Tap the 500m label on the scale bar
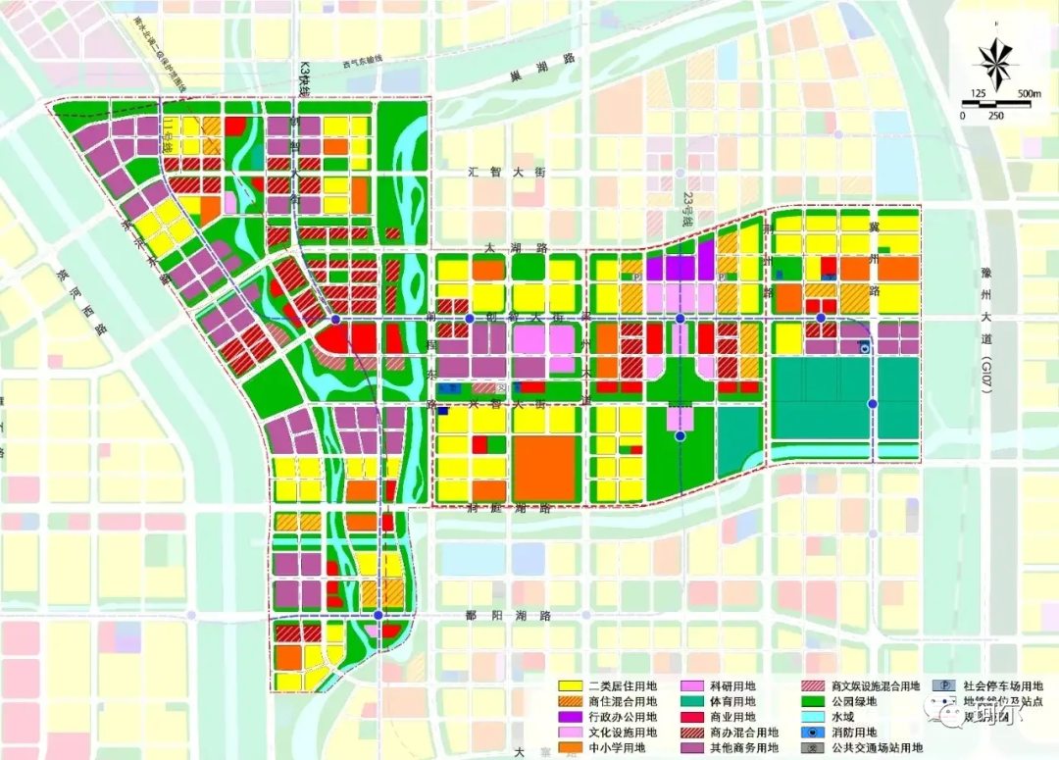[x=1029, y=94]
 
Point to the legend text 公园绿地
[x=856, y=702]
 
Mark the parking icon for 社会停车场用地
[x=938, y=686]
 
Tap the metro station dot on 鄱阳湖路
[x=378, y=615]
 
